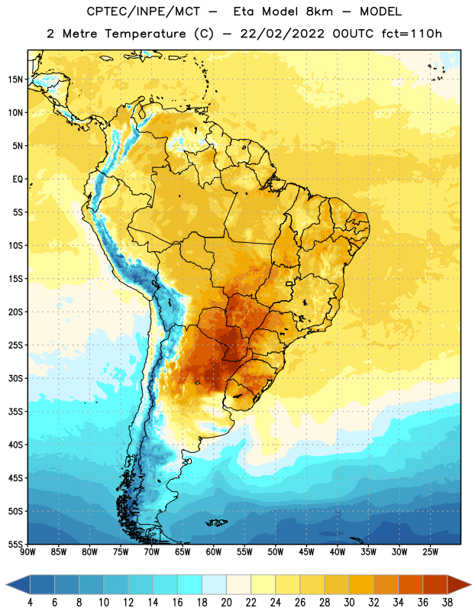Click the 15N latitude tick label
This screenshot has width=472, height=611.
point(15,79)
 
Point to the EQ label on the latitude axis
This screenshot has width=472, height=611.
point(18,179)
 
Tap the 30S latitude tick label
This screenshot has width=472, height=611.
point(15,378)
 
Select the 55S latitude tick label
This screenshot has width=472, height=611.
point(15,545)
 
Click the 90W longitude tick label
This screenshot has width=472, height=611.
point(27,552)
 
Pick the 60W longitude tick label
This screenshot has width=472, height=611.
point(214,552)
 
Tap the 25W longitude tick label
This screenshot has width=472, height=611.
point(430,552)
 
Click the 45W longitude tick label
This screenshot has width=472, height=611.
point(306,552)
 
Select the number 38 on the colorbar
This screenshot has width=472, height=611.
point(448,603)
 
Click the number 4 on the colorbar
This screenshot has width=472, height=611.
point(30,603)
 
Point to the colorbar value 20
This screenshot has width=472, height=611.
point(226,603)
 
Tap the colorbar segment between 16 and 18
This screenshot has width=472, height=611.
point(190,585)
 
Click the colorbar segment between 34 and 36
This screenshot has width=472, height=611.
point(411,585)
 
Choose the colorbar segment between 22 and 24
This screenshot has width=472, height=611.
point(263,585)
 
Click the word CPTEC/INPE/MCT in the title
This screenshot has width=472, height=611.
point(143,11)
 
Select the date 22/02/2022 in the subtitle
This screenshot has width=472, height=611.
point(282,34)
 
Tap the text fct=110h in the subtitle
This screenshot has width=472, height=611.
point(412,34)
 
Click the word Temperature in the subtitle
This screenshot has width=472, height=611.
point(145,34)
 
